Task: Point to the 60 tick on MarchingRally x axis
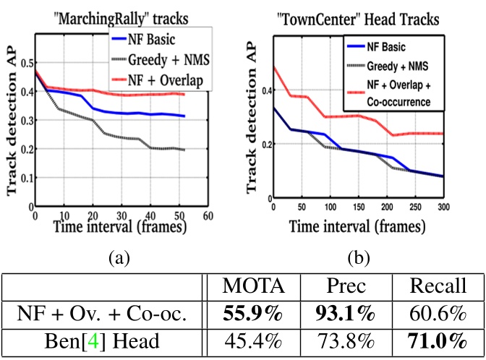[x=208, y=215]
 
